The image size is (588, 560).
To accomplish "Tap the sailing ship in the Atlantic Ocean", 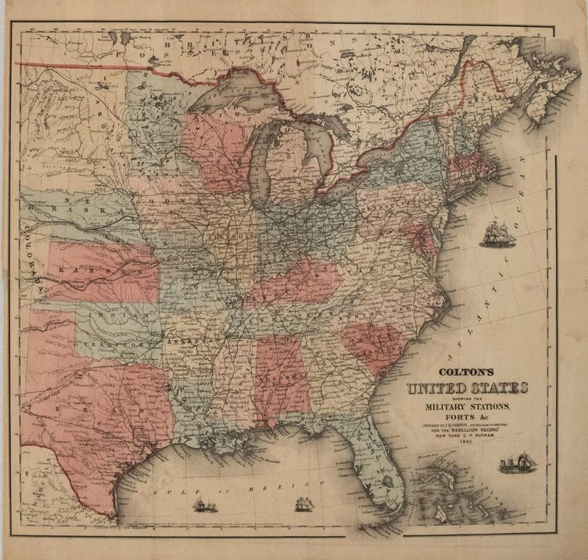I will tap(498, 235).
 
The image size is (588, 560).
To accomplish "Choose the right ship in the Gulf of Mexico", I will tap(303, 503).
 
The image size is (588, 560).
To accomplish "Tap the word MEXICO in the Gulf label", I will tap(300, 485).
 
